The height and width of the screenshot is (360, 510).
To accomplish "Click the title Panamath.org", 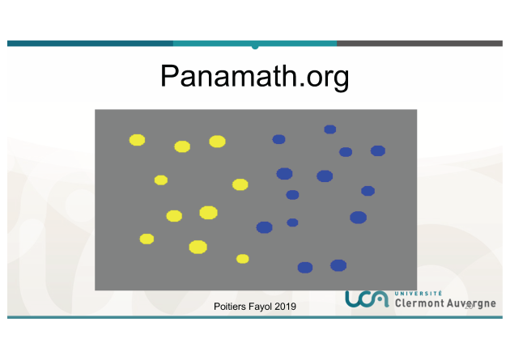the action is click(x=255, y=76).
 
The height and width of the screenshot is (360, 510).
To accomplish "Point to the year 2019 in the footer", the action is click(x=285, y=307).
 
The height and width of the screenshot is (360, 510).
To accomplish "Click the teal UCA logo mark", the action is click(x=367, y=299).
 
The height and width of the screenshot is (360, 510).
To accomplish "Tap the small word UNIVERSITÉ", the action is click(x=419, y=294).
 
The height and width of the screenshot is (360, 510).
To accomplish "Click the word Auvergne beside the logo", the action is click(x=471, y=303).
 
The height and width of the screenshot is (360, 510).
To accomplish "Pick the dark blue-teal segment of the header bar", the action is click(x=90, y=43).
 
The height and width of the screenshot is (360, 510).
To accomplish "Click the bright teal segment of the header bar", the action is click(x=255, y=43).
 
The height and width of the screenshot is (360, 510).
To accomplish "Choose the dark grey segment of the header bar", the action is click(x=419, y=43).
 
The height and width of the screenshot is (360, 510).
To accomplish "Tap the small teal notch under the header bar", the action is click(x=255, y=48).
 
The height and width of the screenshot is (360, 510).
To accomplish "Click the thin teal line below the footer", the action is click(x=255, y=317).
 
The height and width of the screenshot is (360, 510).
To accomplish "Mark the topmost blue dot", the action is click(x=330, y=129).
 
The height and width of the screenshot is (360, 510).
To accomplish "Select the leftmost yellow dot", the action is click(x=138, y=140).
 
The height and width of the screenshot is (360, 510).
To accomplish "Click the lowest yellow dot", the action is click(x=243, y=259).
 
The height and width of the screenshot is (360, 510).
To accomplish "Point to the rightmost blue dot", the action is click(x=378, y=150).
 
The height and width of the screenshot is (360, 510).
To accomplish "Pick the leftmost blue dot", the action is click(x=265, y=227).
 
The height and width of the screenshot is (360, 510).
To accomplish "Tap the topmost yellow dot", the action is click(x=138, y=140).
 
